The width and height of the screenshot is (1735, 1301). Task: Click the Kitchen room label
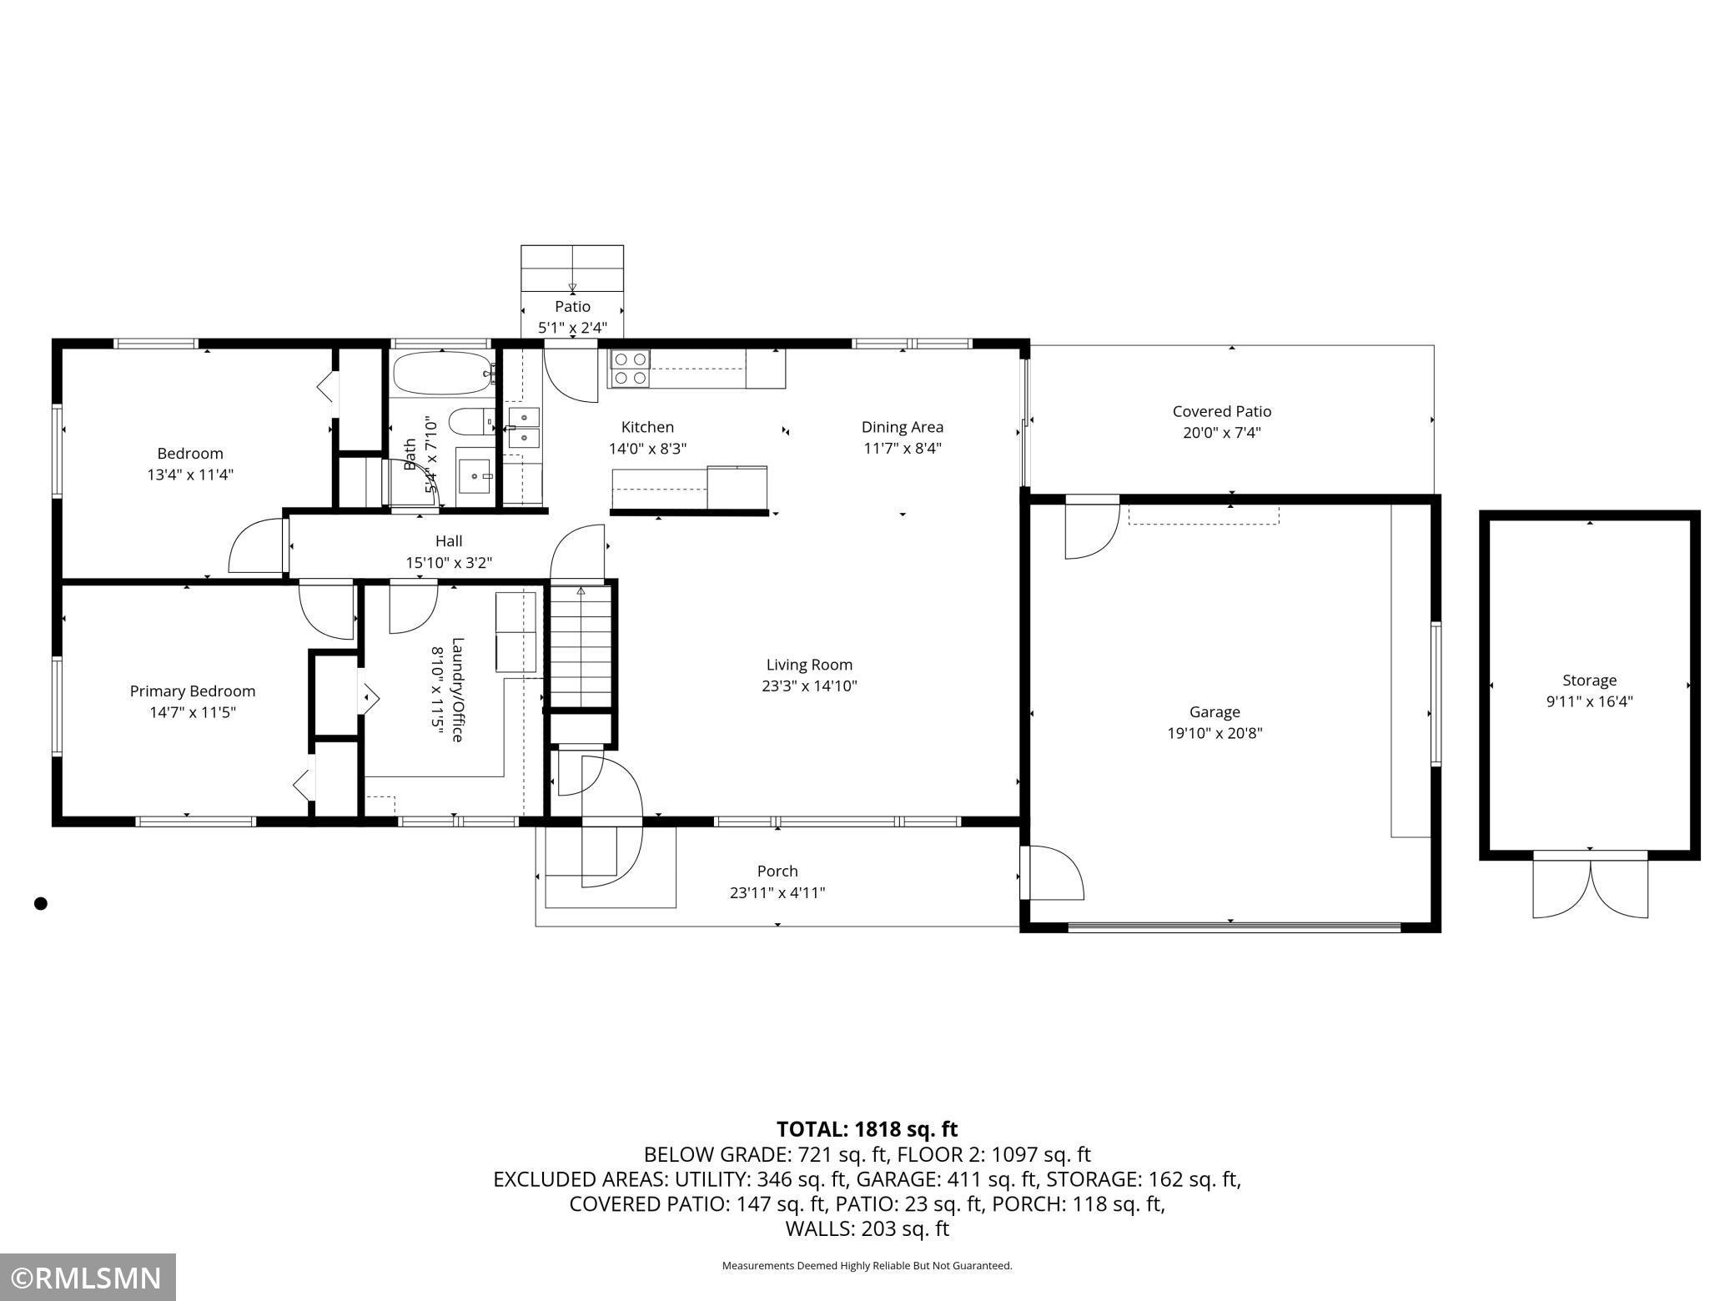pyautogui.click(x=647, y=427)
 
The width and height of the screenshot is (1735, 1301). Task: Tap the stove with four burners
pyautogui.click(x=630, y=368)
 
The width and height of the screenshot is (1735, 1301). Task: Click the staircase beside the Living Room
pyautogui.click(x=581, y=647)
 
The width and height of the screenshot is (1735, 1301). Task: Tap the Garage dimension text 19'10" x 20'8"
pyautogui.click(x=1214, y=734)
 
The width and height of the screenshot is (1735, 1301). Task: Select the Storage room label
pyautogui.click(x=1590, y=681)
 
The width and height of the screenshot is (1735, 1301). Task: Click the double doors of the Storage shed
pyautogui.click(x=1591, y=886)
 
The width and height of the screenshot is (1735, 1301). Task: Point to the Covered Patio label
pyautogui.click(x=1222, y=411)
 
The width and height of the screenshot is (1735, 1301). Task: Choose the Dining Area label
pyautogui.click(x=903, y=427)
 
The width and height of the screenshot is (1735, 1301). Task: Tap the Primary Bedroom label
pyautogui.click(x=193, y=691)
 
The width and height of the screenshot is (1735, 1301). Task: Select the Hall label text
pyautogui.click(x=449, y=541)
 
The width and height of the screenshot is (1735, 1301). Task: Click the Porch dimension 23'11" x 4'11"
pyautogui.click(x=777, y=893)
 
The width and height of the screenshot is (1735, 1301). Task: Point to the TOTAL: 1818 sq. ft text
pyautogui.click(x=867, y=1129)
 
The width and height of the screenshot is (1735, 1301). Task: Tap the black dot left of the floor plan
pyautogui.click(x=41, y=903)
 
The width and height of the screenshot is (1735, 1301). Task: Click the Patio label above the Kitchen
pyautogui.click(x=572, y=307)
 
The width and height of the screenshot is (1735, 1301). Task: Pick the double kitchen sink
pyautogui.click(x=524, y=427)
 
